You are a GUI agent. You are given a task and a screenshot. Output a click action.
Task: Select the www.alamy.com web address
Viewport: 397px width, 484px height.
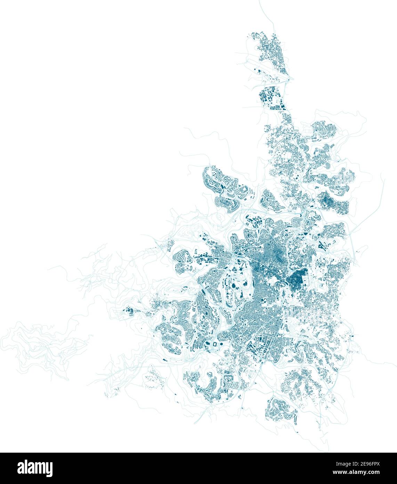coord(368,472)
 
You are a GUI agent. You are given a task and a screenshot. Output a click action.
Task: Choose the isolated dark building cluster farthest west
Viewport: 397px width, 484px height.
coord(129,311)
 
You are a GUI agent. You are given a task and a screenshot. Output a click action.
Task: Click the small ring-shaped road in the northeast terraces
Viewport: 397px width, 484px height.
coord(342,170)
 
